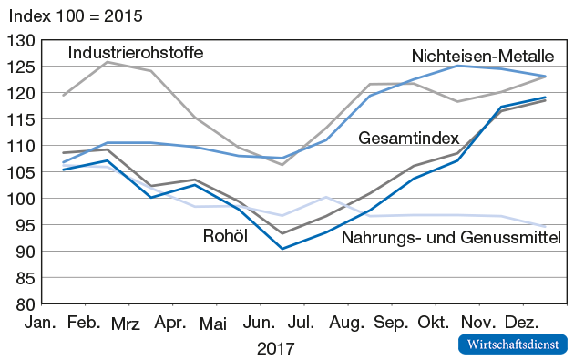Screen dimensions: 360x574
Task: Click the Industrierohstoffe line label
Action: click(135, 52)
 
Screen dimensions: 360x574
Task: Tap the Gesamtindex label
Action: click(406, 139)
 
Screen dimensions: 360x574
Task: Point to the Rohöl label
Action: click(225, 237)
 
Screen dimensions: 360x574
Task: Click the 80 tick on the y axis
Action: click(24, 304)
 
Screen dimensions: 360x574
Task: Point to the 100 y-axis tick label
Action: click(19, 199)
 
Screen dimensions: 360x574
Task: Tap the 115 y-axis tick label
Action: click(19, 119)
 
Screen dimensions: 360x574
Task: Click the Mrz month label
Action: click(127, 324)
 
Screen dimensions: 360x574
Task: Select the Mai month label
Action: click(212, 324)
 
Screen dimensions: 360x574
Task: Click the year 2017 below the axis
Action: click(275, 348)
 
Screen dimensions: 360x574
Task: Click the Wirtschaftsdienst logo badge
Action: click(511, 345)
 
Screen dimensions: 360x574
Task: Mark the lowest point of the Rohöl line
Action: click(282, 249)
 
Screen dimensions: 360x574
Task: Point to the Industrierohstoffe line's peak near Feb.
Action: click(107, 62)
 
